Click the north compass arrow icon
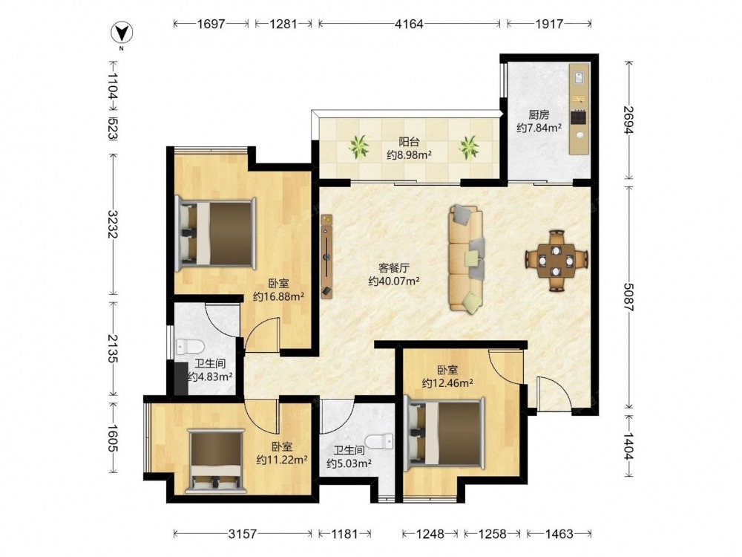[122, 33]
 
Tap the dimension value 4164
[409, 24]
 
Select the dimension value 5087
[629, 297]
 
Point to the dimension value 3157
[243, 534]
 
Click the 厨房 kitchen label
[539, 114]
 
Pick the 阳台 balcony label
[409, 141]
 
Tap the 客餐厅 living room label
[394, 268]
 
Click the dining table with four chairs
[556, 260]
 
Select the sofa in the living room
[467, 258]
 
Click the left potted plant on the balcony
[359, 147]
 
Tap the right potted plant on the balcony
[468, 147]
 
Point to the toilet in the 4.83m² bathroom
[189, 347]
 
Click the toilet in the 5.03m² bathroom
[381, 441]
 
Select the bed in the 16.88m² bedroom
[216, 233]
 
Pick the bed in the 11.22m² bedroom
[216, 461]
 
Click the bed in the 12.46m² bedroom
[445, 432]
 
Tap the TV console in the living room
[326, 255]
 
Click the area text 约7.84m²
[539, 128]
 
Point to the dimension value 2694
[629, 120]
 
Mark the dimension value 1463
[559, 534]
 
